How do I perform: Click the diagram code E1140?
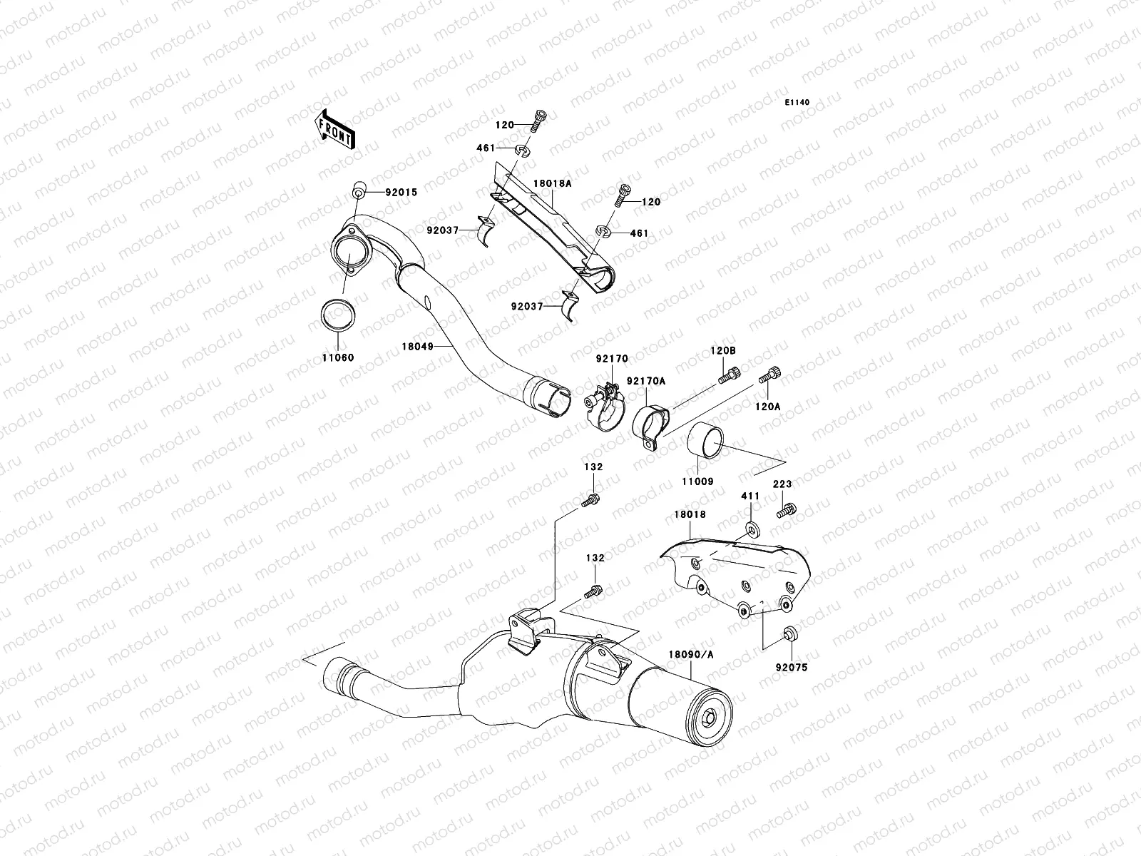pos(798,103)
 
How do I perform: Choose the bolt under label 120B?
pos(728,374)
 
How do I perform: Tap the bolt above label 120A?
pos(773,373)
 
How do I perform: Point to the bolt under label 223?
pos(787,510)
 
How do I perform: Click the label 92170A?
pos(646,381)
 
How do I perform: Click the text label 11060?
pos(339,357)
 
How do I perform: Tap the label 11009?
pos(699,481)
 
